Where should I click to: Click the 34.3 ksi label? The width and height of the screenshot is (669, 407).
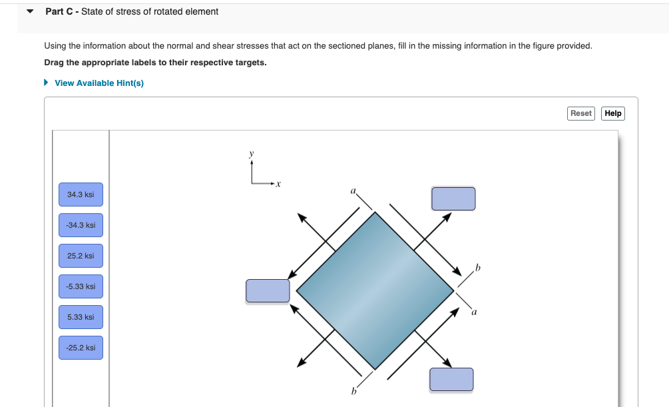coord(81,195)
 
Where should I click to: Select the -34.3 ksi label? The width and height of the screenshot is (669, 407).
coord(81,225)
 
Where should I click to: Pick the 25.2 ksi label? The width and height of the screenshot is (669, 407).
coord(81,256)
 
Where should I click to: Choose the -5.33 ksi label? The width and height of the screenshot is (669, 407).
coord(81,286)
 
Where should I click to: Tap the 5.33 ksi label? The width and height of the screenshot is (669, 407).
coord(81,317)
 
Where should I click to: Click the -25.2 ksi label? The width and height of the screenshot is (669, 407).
coord(81,348)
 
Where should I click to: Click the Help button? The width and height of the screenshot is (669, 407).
coord(612,113)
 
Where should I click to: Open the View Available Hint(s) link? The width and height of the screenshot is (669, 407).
coord(99,83)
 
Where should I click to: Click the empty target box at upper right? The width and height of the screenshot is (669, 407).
coord(453,199)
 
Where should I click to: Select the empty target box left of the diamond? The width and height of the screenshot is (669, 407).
coord(268,290)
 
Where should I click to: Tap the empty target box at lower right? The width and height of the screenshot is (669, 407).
coord(451,379)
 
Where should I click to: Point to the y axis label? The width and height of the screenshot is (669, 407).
coord(251,153)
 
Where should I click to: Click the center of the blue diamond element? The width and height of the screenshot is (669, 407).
coord(375,290)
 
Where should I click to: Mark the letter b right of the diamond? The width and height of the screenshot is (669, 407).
coord(477,268)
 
